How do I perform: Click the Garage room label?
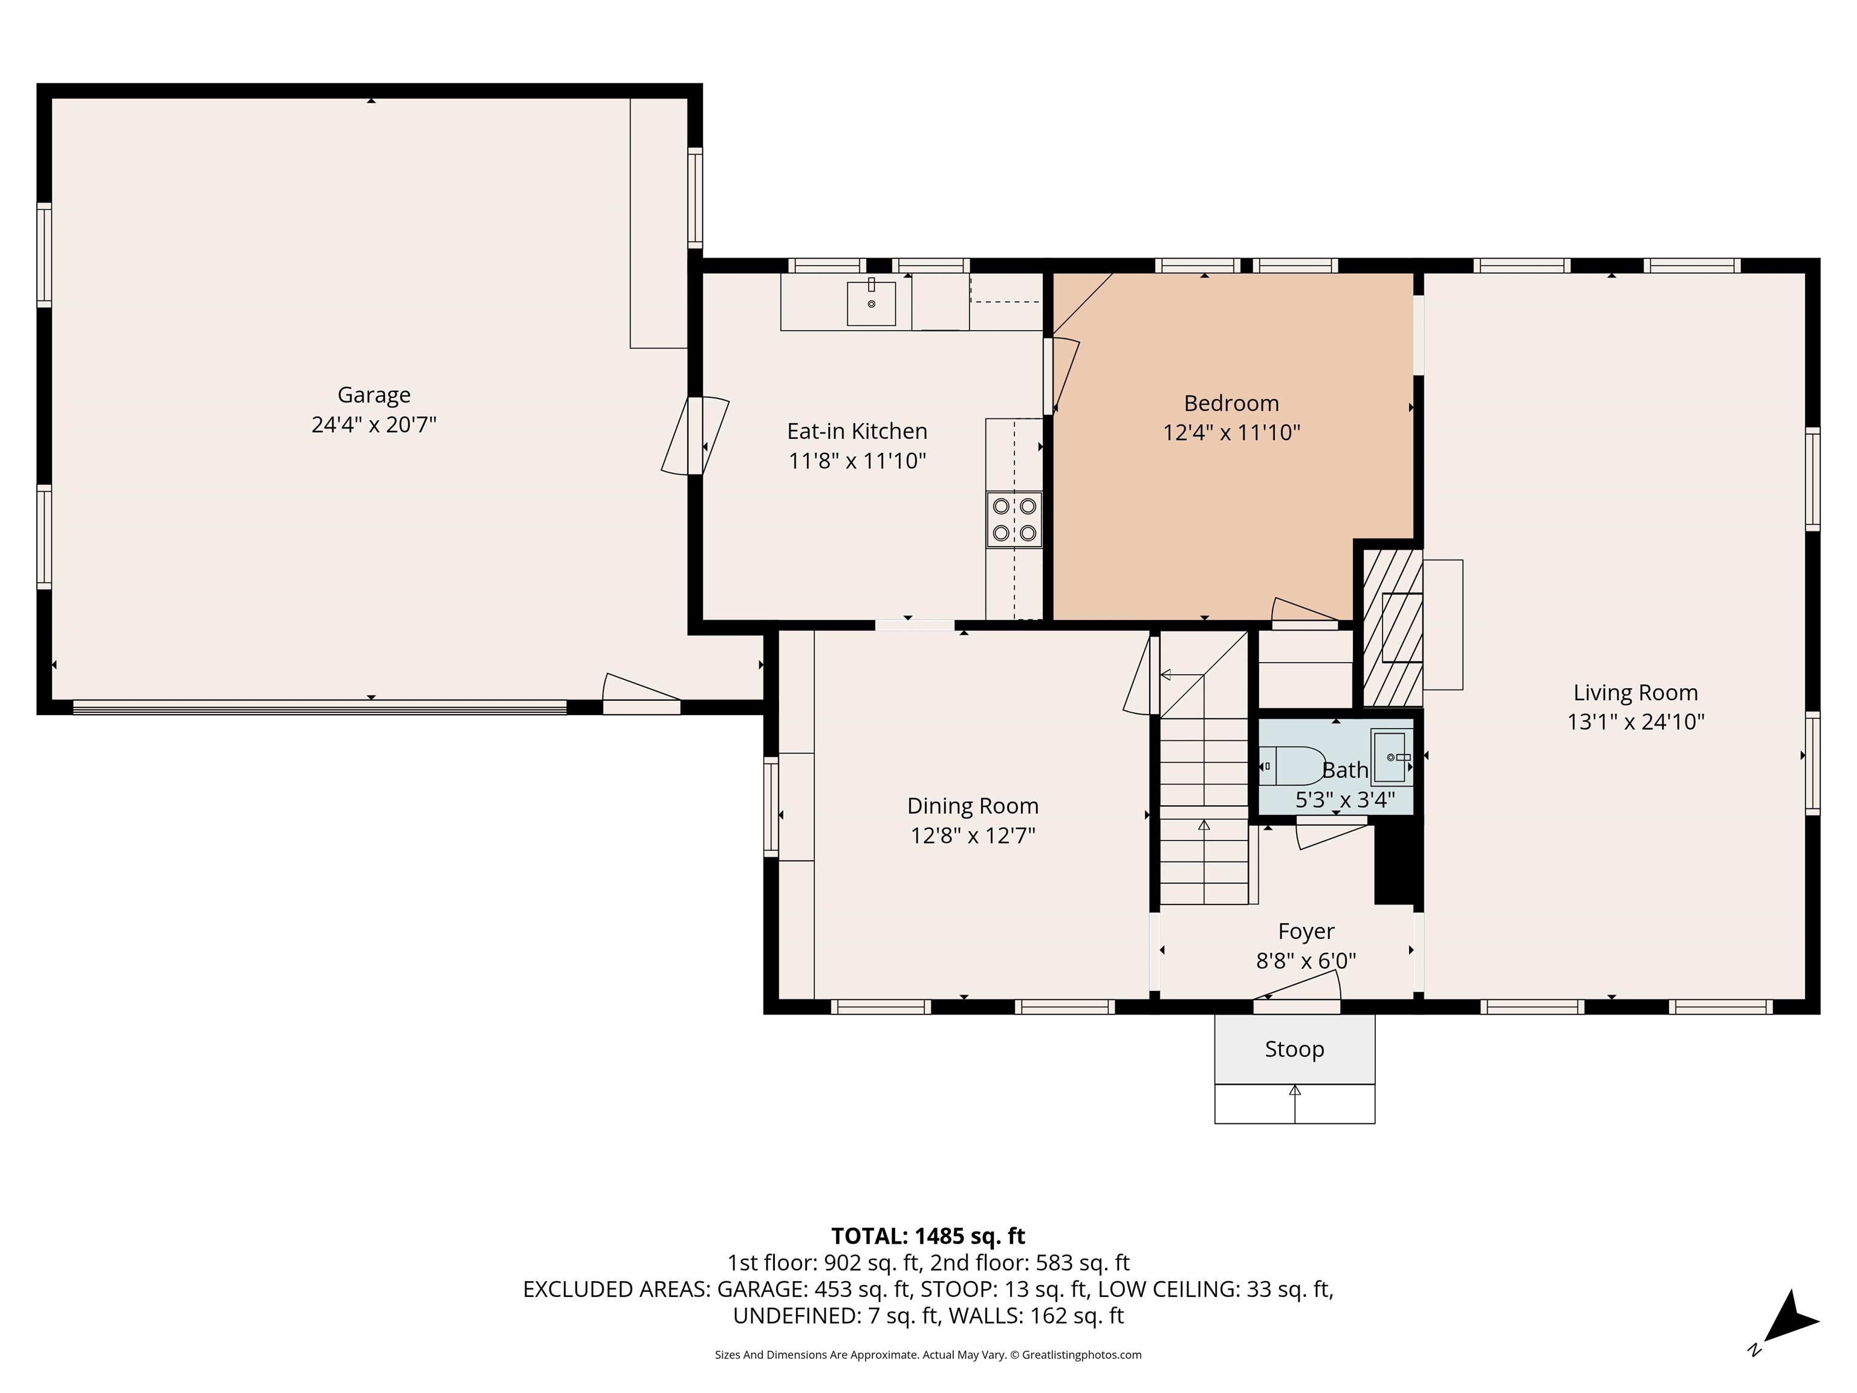tap(374, 395)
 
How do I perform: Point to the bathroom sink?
tap(1391, 756)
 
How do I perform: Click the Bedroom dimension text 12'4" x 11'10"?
tap(1231, 432)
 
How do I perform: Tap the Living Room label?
tap(1635, 693)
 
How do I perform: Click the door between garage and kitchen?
tap(695, 436)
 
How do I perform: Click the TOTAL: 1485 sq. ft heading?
tap(928, 1236)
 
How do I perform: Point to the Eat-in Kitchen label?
tap(857, 430)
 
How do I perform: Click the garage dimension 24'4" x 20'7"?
tap(374, 424)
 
